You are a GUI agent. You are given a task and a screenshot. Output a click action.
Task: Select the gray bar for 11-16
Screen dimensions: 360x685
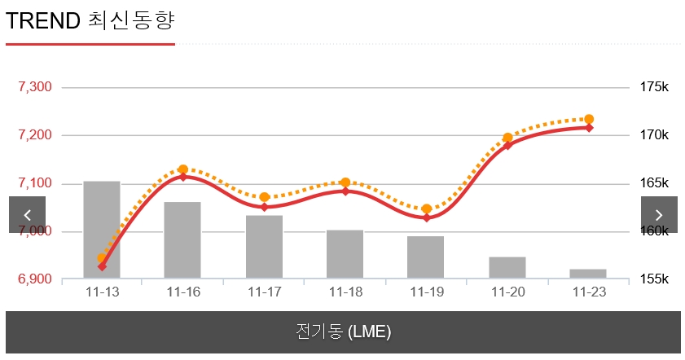tap(182, 240)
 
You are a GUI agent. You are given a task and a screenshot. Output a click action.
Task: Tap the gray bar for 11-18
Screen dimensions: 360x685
tap(345, 254)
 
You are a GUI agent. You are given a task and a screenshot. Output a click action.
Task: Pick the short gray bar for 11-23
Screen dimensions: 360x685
tap(588, 274)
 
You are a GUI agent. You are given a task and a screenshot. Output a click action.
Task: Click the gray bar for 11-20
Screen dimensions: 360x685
tap(507, 268)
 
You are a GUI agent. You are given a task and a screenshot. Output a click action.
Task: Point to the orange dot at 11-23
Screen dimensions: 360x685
tap(589, 120)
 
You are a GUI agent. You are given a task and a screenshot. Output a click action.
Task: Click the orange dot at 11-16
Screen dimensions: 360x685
tap(182, 169)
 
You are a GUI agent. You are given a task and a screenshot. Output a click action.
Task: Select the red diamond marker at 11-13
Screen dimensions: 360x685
tap(102, 266)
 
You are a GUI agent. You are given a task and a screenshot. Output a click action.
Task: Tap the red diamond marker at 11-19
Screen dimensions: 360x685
tap(426, 217)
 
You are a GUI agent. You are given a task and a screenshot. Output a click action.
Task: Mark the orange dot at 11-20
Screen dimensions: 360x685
tap(507, 138)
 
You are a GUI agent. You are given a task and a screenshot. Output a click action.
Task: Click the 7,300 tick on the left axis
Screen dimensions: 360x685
tap(35, 87)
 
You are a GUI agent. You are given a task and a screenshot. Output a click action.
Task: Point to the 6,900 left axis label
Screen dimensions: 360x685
tap(35, 279)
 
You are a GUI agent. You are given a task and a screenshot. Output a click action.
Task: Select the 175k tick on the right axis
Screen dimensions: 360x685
tap(654, 87)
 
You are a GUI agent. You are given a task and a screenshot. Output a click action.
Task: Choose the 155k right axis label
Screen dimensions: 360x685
tap(654, 279)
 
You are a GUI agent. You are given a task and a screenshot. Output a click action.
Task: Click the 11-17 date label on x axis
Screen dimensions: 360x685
tap(264, 292)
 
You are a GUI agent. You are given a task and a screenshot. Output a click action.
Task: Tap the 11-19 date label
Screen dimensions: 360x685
tap(426, 292)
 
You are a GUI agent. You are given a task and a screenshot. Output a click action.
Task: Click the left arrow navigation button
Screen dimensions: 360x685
tap(28, 215)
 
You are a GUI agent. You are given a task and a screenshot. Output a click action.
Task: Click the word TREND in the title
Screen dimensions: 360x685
tap(42, 21)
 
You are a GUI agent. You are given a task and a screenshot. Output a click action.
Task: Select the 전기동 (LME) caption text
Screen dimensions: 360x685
tap(343, 332)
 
